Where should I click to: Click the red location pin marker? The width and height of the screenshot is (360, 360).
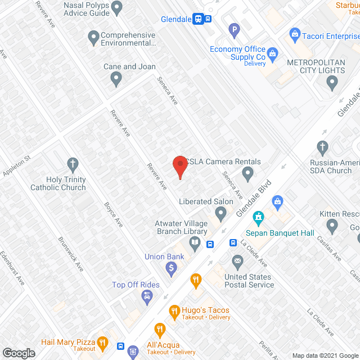pyautogui.click(x=179, y=165)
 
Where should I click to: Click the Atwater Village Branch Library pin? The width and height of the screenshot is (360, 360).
pyautogui.click(x=195, y=244)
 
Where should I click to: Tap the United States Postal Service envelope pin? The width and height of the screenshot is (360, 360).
pyautogui.click(x=237, y=262)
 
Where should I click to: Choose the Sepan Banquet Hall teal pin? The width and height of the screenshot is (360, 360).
pyautogui.click(x=258, y=217)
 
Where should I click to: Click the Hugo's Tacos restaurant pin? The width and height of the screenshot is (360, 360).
pyautogui.click(x=174, y=310)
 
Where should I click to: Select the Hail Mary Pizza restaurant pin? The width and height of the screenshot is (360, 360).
pyautogui.click(x=102, y=341)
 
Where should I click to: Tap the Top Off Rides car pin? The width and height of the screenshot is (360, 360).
pyautogui.click(x=147, y=296)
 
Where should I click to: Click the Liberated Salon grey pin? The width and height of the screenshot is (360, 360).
pyautogui.click(x=220, y=213)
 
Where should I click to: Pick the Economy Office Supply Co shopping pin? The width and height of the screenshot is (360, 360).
pyautogui.click(x=273, y=54)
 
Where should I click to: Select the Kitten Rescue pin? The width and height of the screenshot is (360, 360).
pyautogui.click(x=332, y=226)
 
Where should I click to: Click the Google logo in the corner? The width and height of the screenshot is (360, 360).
pyautogui.click(x=18, y=353)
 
